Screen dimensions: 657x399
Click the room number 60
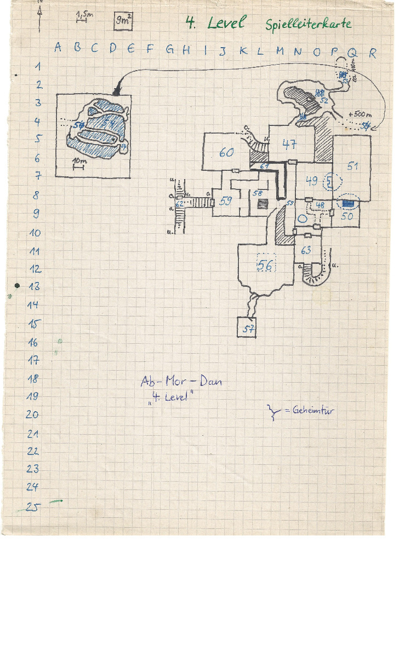pyautogui.click(x=226, y=153)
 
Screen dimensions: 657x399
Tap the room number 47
pyautogui.click(x=289, y=144)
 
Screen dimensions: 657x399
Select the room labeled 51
pyautogui.click(x=352, y=166)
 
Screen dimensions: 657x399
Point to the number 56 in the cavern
pyautogui.click(x=266, y=266)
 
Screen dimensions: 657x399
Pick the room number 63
pyautogui.click(x=306, y=251)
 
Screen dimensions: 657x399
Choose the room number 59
pyautogui.click(x=225, y=201)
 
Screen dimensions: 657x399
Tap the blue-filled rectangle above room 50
pyautogui.click(x=347, y=204)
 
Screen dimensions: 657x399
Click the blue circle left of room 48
pyautogui.click(x=301, y=218)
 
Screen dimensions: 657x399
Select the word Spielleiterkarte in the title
pyautogui.click(x=308, y=24)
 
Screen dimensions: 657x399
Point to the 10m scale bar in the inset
pyautogui.click(x=78, y=165)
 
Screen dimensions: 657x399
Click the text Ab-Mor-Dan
pyautogui.click(x=181, y=382)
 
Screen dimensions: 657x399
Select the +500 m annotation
pyautogui.click(x=360, y=114)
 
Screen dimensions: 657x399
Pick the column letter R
pyautogui.click(x=373, y=53)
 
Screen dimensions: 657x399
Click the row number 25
pyautogui.click(x=32, y=507)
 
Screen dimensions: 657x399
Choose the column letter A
pyautogui.click(x=58, y=48)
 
